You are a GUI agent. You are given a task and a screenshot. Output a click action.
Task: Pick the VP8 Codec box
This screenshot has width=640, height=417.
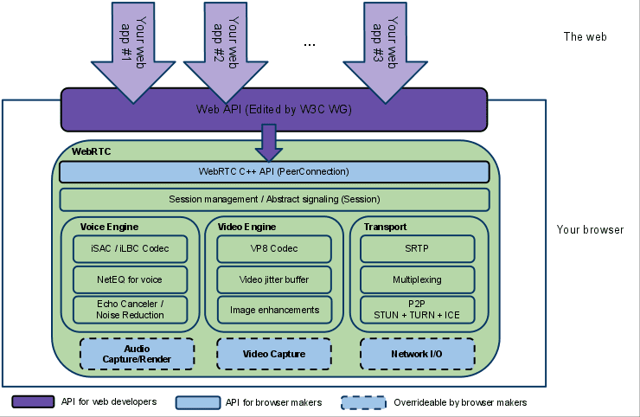tap(274, 249)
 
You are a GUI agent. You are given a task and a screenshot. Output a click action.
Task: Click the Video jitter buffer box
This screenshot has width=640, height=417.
tap(274, 279)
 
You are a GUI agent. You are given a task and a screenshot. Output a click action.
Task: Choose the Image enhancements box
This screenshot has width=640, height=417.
tap(274, 309)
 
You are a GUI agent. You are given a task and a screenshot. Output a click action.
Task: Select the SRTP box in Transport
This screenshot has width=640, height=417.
tap(418, 249)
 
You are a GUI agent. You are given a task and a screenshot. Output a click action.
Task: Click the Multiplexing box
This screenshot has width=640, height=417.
tap(418, 279)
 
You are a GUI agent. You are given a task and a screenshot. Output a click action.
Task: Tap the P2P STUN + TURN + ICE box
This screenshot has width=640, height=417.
tap(418, 309)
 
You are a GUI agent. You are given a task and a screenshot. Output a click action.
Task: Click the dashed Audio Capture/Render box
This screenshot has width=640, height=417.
tap(137, 353)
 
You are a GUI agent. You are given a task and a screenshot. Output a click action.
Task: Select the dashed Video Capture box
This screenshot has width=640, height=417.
tap(274, 353)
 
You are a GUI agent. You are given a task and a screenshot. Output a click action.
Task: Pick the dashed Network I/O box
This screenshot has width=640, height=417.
tap(417, 353)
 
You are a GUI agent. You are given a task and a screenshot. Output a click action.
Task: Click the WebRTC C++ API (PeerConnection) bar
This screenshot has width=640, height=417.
tap(274, 171)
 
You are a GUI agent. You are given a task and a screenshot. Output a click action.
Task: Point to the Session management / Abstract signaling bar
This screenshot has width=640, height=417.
tap(274, 200)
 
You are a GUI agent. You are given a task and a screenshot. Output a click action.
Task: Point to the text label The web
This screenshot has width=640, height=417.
tap(585, 37)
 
